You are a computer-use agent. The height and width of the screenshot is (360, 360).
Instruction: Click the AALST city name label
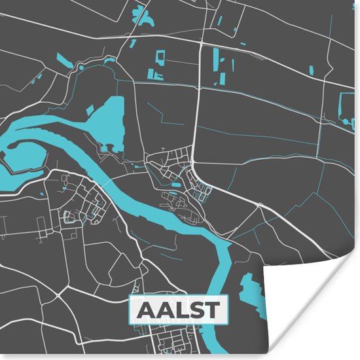177,310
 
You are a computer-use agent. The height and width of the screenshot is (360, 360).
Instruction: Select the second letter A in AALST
161,310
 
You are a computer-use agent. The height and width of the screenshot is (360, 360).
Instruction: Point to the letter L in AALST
177,310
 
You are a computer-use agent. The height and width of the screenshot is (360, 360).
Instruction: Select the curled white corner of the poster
314,308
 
